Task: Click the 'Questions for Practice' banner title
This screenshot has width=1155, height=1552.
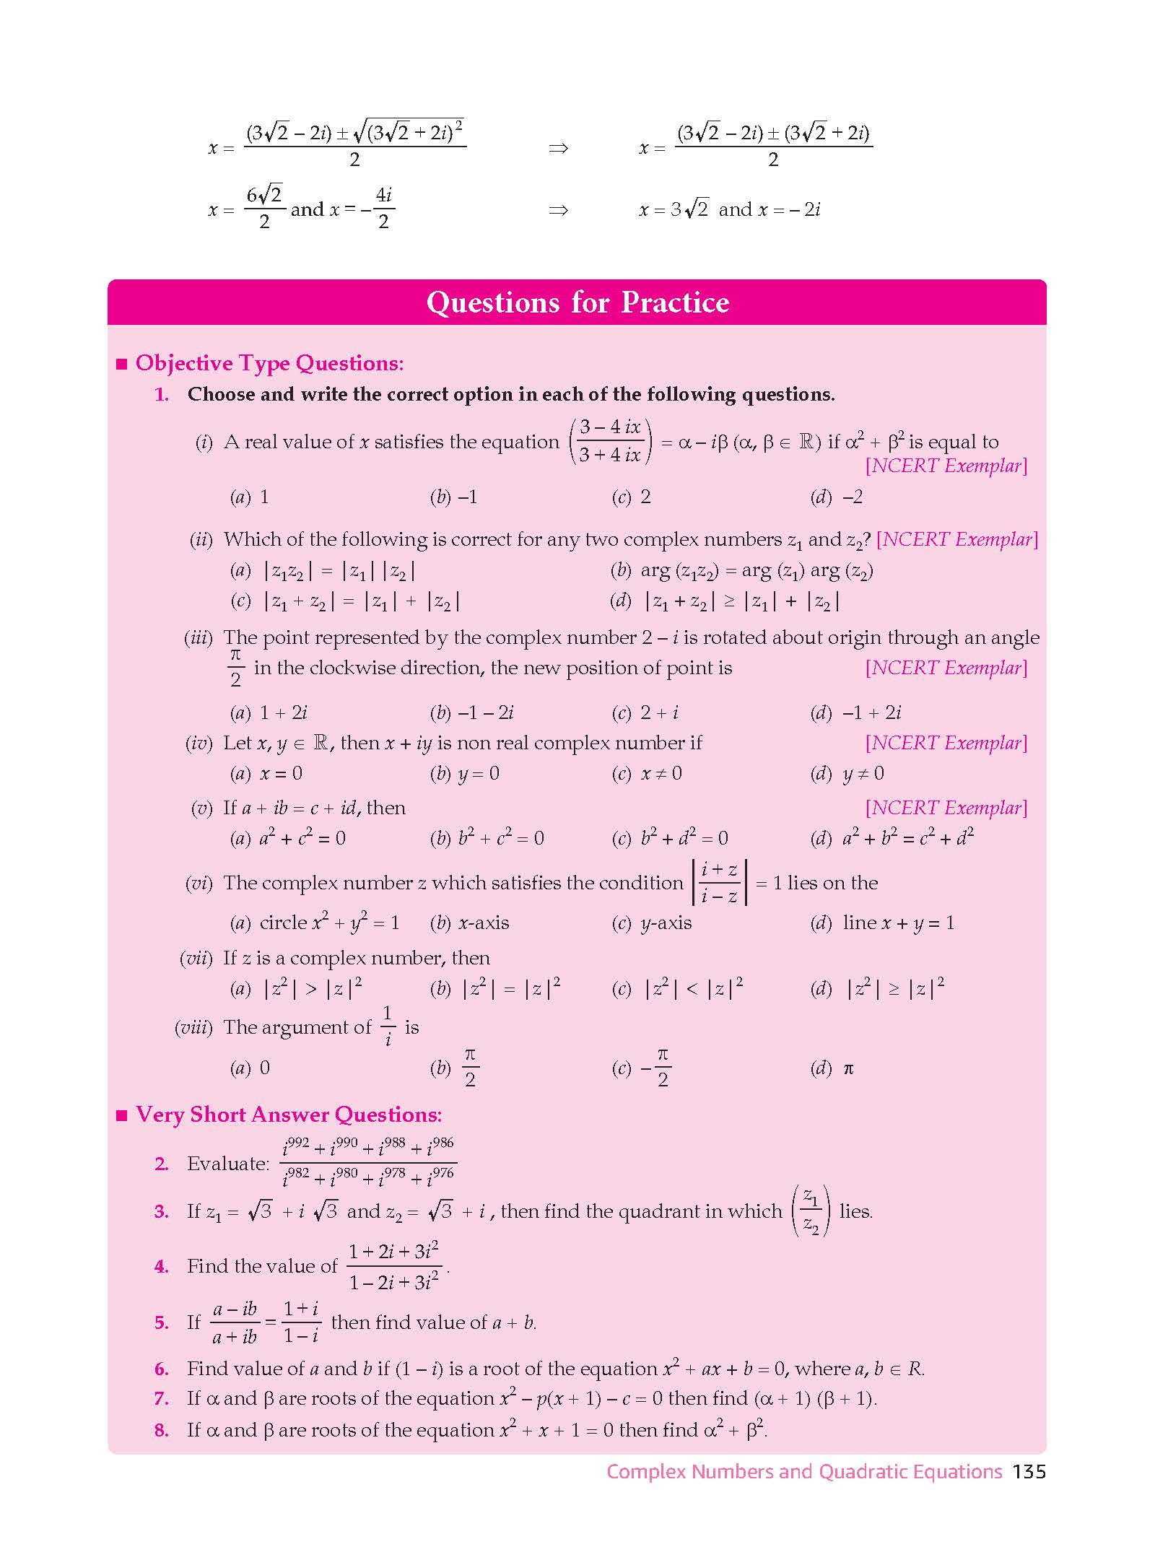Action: point(577,302)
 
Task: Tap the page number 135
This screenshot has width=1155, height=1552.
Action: point(1029,1472)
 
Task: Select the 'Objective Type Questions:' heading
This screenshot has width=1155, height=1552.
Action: point(269,363)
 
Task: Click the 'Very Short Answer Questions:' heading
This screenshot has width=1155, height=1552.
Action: point(289,1115)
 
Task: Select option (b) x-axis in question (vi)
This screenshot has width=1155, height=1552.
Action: point(470,923)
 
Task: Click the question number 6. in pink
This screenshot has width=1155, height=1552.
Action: point(162,1369)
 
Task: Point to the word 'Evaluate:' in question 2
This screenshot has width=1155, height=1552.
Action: point(227,1164)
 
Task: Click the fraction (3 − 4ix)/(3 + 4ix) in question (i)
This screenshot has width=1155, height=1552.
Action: point(610,441)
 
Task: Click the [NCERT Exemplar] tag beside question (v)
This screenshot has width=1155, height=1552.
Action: point(946,808)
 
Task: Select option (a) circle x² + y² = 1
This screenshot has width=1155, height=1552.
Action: point(315,923)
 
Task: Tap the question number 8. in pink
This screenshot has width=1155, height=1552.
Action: point(162,1430)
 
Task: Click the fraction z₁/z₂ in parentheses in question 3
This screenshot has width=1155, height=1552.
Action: point(811,1211)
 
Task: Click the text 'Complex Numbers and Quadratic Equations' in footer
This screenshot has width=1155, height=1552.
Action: point(804,1472)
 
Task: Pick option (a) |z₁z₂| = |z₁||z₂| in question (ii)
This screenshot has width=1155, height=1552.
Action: point(323,571)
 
